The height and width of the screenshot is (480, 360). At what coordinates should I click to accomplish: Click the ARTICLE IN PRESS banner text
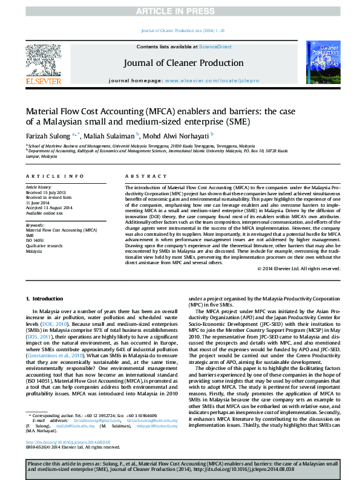[x=180, y=11]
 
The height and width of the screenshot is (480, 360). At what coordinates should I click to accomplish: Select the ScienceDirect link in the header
[x=215, y=47]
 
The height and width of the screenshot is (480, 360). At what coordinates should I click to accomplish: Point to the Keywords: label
[x=36, y=224]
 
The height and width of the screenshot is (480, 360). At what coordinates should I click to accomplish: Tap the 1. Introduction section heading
[x=42, y=299]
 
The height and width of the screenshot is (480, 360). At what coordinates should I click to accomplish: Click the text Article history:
[x=39, y=187]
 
